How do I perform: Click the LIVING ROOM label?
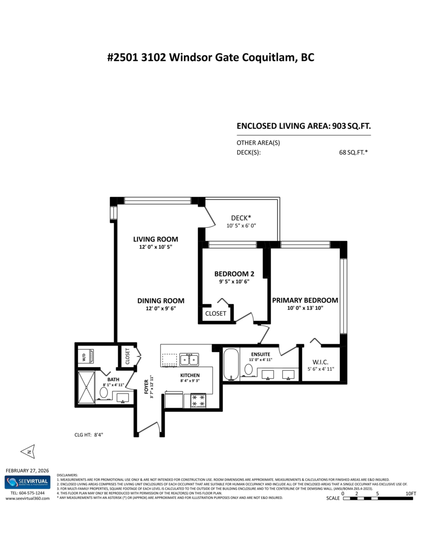click(x=155, y=239)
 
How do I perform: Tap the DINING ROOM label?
click(x=161, y=300)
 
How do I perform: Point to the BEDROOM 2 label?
click(x=234, y=274)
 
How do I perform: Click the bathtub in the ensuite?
click(x=231, y=364)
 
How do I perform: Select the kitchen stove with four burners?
click(x=198, y=400)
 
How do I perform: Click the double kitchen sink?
click(x=189, y=359)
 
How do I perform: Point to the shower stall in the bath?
click(x=86, y=387)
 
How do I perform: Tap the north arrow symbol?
click(x=28, y=451)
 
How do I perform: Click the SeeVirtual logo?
click(x=27, y=482)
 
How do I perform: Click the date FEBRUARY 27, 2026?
click(x=27, y=470)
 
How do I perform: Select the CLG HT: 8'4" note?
click(x=89, y=435)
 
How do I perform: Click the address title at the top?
click(x=211, y=58)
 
